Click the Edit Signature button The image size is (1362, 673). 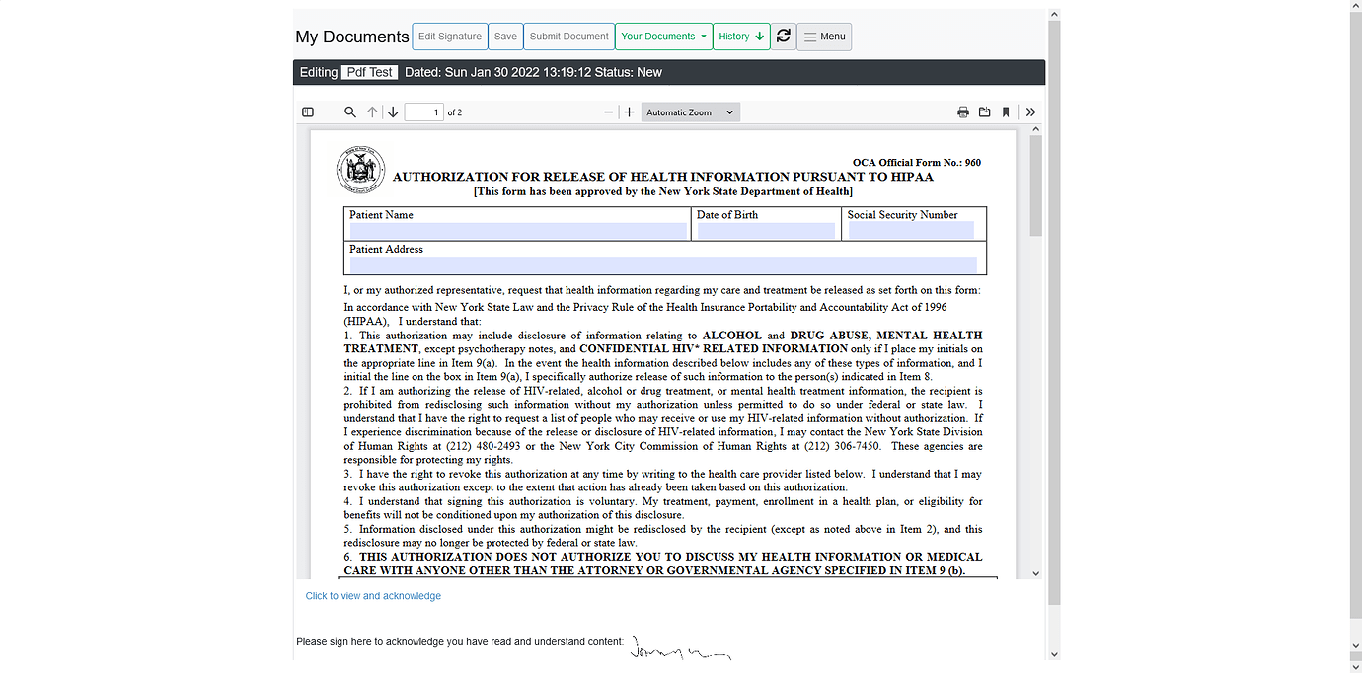point(449,37)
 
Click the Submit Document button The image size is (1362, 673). point(568,37)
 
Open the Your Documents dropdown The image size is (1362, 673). point(663,37)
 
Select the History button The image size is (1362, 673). point(741,37)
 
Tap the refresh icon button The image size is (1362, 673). point(784,37)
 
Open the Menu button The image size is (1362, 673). point(824,37)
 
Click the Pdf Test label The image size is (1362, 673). point(370,72)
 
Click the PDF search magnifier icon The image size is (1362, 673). point(350,112)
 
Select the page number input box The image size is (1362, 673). point(424,112)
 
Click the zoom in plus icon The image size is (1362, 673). point(630,112)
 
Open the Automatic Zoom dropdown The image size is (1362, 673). point(690,112)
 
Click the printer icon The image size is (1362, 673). point(963,112)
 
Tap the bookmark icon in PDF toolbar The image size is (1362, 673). point(1006,112)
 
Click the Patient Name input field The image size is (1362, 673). point(518,231)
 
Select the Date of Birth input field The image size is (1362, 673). point(766,231)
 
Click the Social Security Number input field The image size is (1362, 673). point(911,231)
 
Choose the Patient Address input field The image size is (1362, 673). point(663,264)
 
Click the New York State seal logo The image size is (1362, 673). point(359,170)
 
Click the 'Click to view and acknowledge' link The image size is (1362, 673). point(373,596)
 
